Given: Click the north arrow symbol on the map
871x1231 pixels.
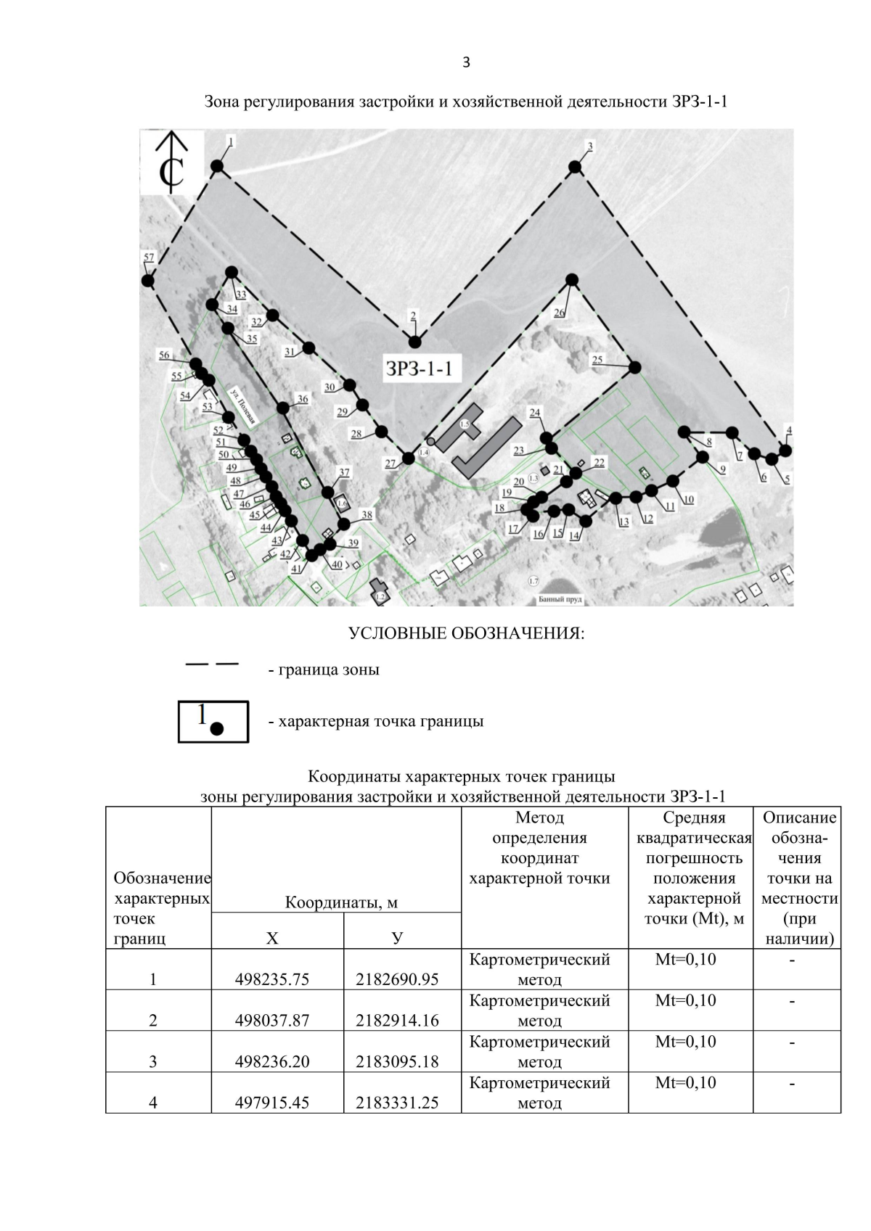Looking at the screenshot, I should click(172, 163).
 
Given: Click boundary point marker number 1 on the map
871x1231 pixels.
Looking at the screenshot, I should click(217, 167).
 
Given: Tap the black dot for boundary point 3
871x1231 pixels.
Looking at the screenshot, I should click(575, 167).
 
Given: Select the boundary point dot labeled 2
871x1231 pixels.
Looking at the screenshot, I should click(415, 342).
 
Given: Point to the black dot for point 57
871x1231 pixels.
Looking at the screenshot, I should click(147, 281).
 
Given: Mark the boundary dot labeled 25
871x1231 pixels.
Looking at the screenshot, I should click(634, 367).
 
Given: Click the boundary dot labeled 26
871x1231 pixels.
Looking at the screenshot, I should click(572, 279).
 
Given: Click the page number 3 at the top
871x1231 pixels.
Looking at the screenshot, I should click(466, 62).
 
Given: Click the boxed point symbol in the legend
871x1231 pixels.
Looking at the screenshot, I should click(213, 721).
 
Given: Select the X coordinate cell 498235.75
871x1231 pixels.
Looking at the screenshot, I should click(272, 979).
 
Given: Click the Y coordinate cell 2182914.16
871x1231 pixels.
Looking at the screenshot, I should click(397, 1021).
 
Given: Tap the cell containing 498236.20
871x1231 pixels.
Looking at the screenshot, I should click(272, 1062).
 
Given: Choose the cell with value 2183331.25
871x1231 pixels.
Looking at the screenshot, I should click(397, 1103).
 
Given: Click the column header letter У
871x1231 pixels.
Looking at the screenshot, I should click(397, 938).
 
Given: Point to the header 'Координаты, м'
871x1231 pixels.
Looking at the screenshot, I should click(341, 903).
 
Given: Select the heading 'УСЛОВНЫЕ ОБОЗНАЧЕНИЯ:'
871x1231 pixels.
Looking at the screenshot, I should click(466, 633).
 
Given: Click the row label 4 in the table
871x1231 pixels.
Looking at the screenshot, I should click(152, 1103).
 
